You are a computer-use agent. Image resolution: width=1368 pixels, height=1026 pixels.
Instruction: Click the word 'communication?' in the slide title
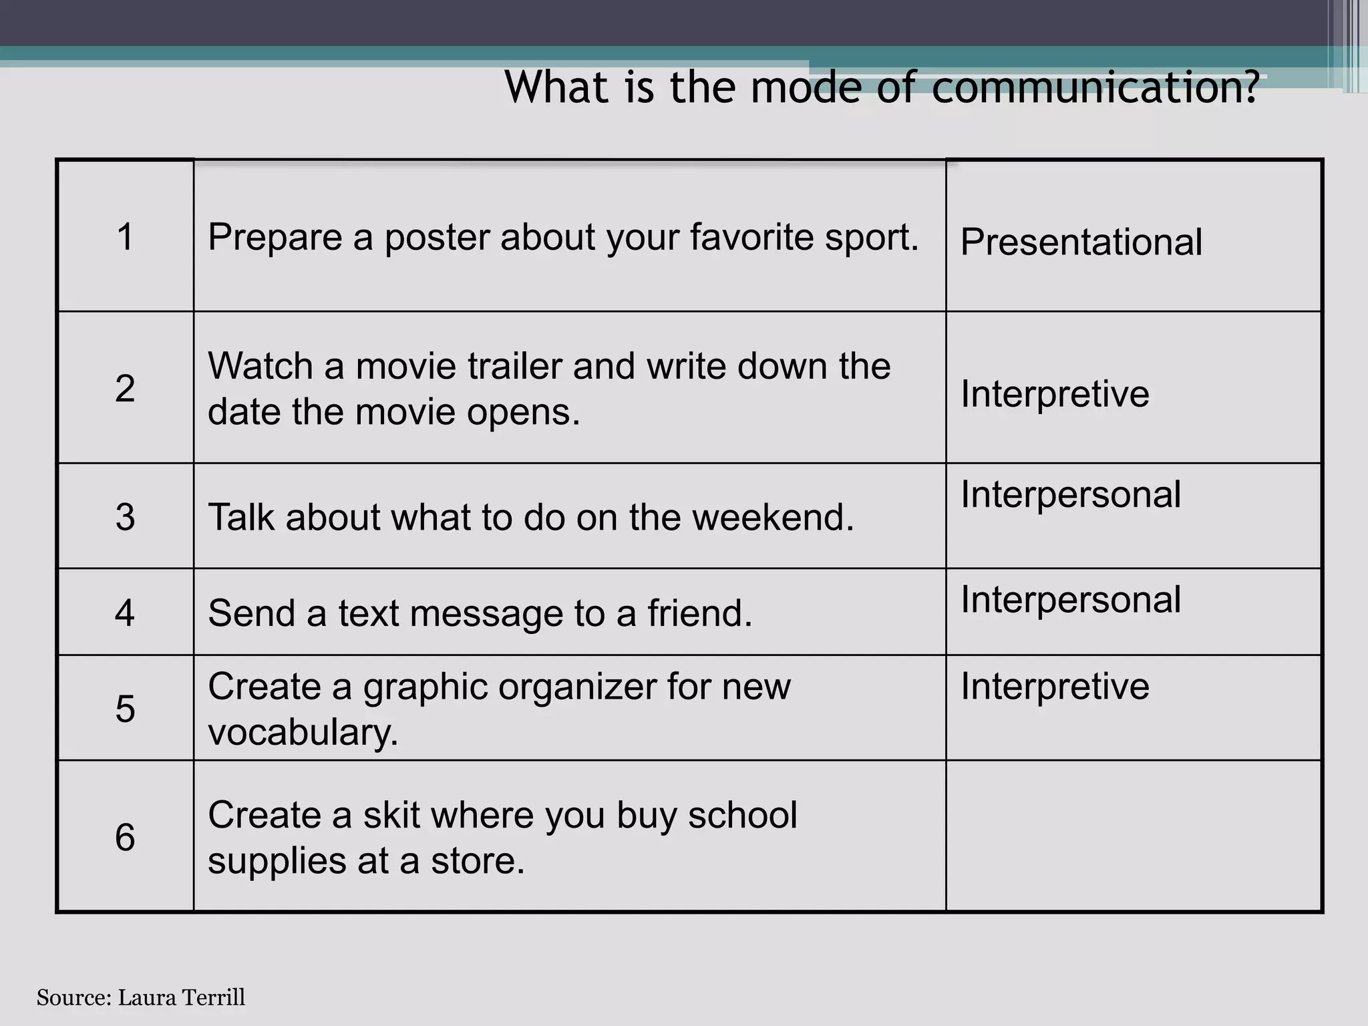pos(1095,88)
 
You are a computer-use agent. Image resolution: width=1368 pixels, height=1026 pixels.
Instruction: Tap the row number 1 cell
pos(125,236)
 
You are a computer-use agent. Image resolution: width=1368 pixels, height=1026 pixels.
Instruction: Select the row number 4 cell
pos(125,613)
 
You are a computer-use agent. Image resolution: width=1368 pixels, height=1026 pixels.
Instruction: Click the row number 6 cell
pos(125,837)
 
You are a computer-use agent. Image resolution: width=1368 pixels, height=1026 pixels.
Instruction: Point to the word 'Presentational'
pos(1081,242)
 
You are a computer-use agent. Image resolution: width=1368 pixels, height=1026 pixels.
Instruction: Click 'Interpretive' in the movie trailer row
pos(1055,393)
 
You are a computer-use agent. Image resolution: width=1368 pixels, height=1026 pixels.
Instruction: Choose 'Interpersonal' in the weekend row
pos(1070,495)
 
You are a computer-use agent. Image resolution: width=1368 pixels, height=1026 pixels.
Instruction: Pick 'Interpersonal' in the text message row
pos(1070,600)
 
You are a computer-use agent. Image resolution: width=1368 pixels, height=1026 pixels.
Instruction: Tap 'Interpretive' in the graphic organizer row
pos(1055,686)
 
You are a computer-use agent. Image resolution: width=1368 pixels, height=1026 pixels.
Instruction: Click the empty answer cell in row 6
pos(1134,836)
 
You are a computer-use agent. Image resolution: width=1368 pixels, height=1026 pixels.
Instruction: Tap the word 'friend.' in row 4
pos(699,613)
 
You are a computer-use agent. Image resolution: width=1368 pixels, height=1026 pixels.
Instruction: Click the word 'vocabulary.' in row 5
pos(303,733)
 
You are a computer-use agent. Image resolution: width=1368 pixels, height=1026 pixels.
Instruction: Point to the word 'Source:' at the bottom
pos(73,997)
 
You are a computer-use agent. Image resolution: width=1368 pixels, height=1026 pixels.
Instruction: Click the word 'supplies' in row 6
pos(276,861)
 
